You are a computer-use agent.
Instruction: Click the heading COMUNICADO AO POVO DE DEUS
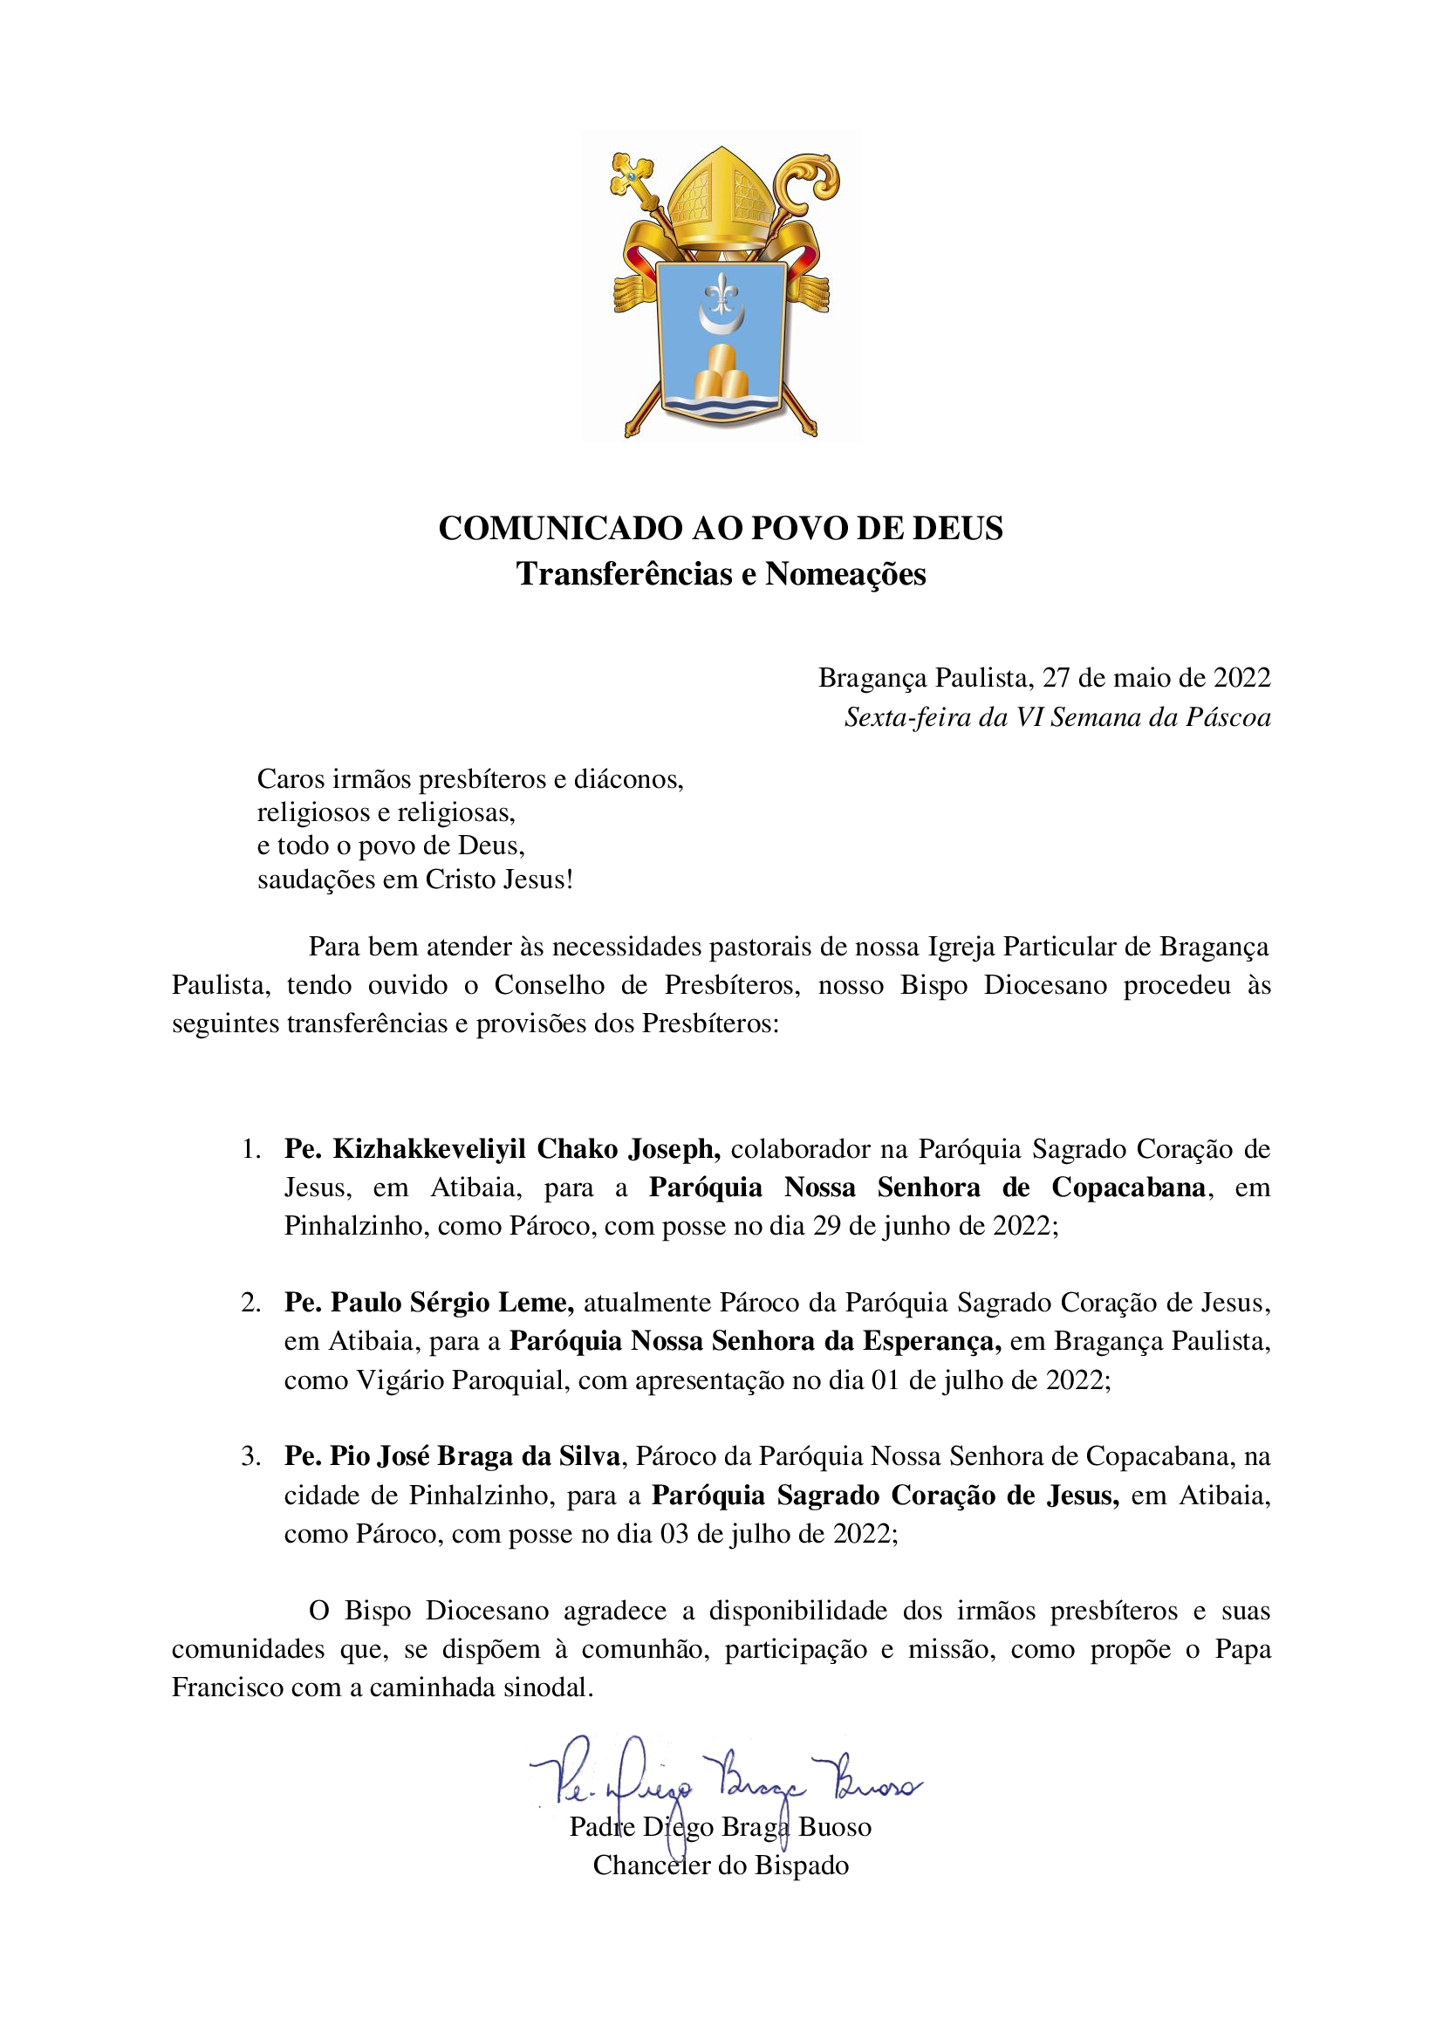[x=721, y=529]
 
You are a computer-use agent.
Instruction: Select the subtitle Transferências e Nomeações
[x=721, y=574]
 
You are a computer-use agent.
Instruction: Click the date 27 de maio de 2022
[x=1156, y=679]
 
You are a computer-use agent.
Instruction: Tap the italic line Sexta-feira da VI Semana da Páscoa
[x=1057, y=717]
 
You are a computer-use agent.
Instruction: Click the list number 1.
[x=250, y=1150]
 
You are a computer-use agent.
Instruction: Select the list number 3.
[x=250, y=1456]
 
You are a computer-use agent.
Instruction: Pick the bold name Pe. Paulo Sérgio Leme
[x=429, y=1304]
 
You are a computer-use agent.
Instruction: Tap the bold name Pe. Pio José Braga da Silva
[x=452, y=1456]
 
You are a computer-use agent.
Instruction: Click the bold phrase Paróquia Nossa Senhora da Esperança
[x=756, y=1342]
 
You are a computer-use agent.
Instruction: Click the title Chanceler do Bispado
[x=721, y=1865]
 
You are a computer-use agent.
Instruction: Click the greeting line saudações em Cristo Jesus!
[x=415, y=880]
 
